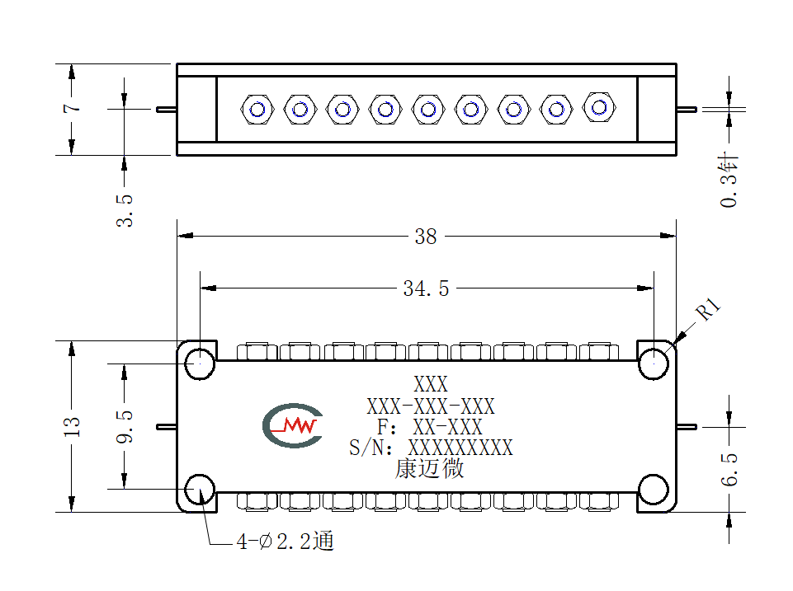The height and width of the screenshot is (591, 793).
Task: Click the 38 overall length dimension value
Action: pyautogui.click(x=425, y=237)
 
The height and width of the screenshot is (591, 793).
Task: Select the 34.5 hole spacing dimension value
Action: pyautogui.click(x=426, y=288)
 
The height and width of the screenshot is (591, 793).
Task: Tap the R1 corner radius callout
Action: pyautogui.click(x=708, y=309)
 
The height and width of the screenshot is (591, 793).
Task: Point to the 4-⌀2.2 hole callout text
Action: pyautogui.click(x=286, y=541)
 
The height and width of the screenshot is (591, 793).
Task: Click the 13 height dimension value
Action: pyautogui.click(x=72, y=427)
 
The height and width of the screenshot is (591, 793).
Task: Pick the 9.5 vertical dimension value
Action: pyautogui.click(x=125, y=427)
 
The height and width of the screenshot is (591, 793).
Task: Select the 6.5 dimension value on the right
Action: pyautogui.click(x=729, y=469)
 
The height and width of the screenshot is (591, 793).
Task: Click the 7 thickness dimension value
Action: pyautogui.click(x=72, y=108)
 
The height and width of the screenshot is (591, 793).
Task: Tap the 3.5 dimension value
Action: pyautogui.click(x=125, y=210)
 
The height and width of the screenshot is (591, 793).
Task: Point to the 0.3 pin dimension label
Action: pyautogui.click(x=729, y=180)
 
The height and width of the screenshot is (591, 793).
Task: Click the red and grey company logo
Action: pyautogui.click(x=292, y=425)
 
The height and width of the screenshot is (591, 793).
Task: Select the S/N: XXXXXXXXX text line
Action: pyautogui.click(x=431, y=448)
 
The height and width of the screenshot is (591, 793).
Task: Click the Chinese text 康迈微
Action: pyautogui.click(x=429, y=468)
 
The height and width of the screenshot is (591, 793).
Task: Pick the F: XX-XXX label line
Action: pyautogui.click(x=430, y=427)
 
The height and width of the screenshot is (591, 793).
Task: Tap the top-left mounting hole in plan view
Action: pyautogui.click(x=200, y=364)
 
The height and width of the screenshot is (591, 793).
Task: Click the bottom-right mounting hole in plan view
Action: pyautogui.click(x=654, y=490)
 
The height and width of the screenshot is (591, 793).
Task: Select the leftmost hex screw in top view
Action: pyautogui.click(x=257, y=109)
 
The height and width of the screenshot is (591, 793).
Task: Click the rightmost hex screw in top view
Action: pyautogui.click(x=599, y=108)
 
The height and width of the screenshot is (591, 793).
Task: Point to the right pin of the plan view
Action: pyautogui.click(x=687, y=427)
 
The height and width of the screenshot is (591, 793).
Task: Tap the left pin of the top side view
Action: pyautogui.click(x=167, y=109)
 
